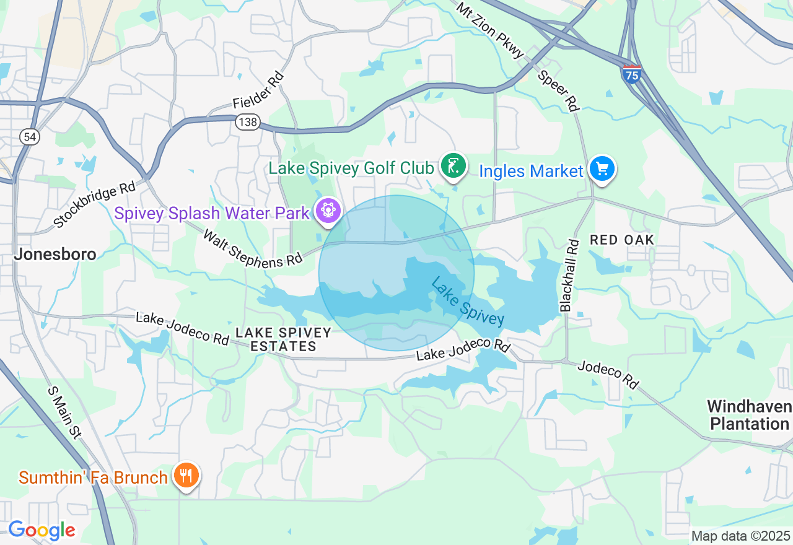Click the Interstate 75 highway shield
631,74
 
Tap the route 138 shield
247,122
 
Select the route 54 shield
30,137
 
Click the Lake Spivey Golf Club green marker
453,166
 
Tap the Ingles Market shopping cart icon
602,169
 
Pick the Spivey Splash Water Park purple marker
327,211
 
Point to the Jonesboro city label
55,254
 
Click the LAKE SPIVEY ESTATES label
284,339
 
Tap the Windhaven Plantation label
749,415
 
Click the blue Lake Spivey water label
467,301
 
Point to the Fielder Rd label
258,90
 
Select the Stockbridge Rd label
94,204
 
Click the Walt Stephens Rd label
252,249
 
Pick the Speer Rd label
558,90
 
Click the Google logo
42,530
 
